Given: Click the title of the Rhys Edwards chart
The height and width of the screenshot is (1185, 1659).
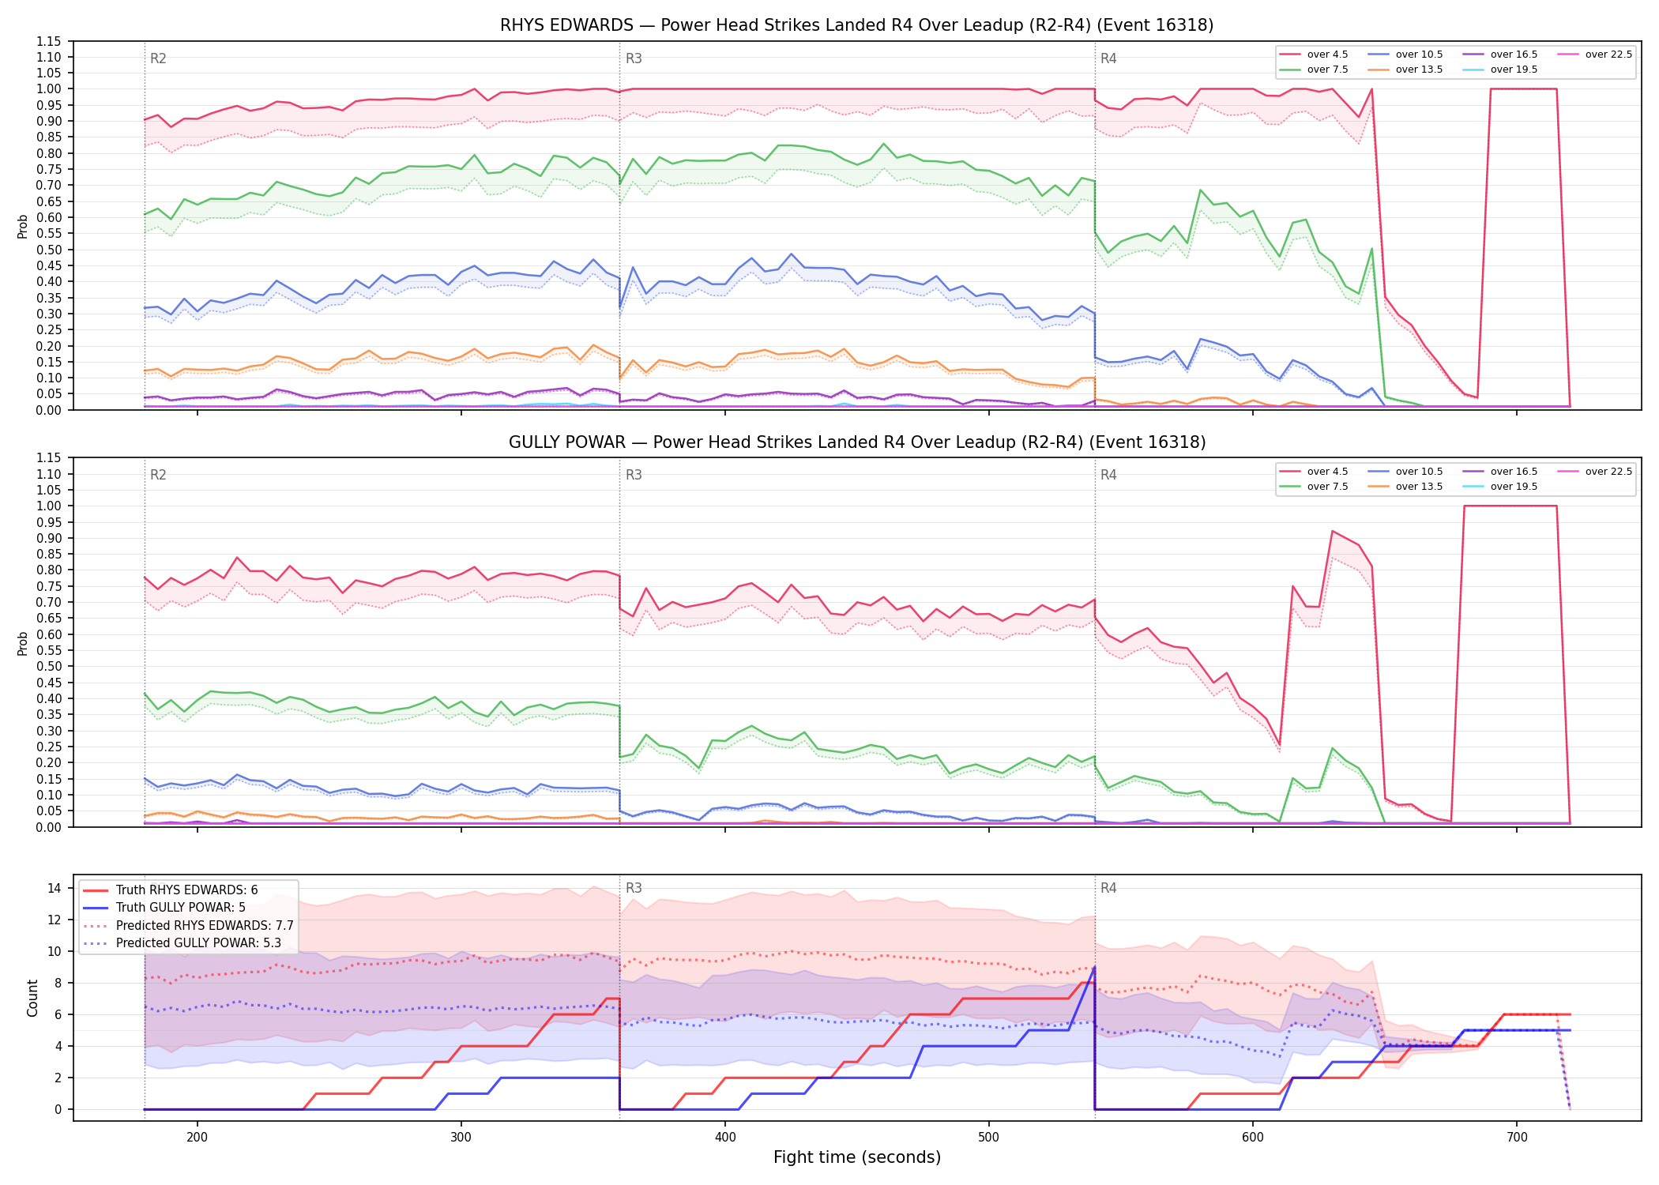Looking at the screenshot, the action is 856,25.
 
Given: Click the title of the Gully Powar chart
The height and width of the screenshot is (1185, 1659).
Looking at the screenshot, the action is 856,442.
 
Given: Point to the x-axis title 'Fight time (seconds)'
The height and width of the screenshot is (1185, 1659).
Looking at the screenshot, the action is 857,1157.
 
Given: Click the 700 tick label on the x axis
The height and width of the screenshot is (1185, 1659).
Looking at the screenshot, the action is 1517,1138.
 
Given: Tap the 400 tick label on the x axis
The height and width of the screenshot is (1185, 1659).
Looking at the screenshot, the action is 725,1138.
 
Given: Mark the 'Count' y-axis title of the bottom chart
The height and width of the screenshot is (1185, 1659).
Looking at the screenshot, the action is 32,998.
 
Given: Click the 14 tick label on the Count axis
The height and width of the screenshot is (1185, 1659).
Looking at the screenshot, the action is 55,888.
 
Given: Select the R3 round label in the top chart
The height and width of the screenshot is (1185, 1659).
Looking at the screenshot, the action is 634,58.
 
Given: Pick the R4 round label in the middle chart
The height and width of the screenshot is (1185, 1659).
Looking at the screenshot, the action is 1108,475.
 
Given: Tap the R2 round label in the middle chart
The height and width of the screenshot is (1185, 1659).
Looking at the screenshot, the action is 158,475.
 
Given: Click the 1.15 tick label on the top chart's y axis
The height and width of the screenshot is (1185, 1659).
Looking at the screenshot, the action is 49,41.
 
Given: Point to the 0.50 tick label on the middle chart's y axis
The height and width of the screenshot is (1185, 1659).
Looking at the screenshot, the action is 49,666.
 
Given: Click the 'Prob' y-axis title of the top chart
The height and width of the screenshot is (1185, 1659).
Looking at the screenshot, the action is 23,226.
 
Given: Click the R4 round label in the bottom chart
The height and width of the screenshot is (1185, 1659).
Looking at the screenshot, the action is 1108,888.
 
